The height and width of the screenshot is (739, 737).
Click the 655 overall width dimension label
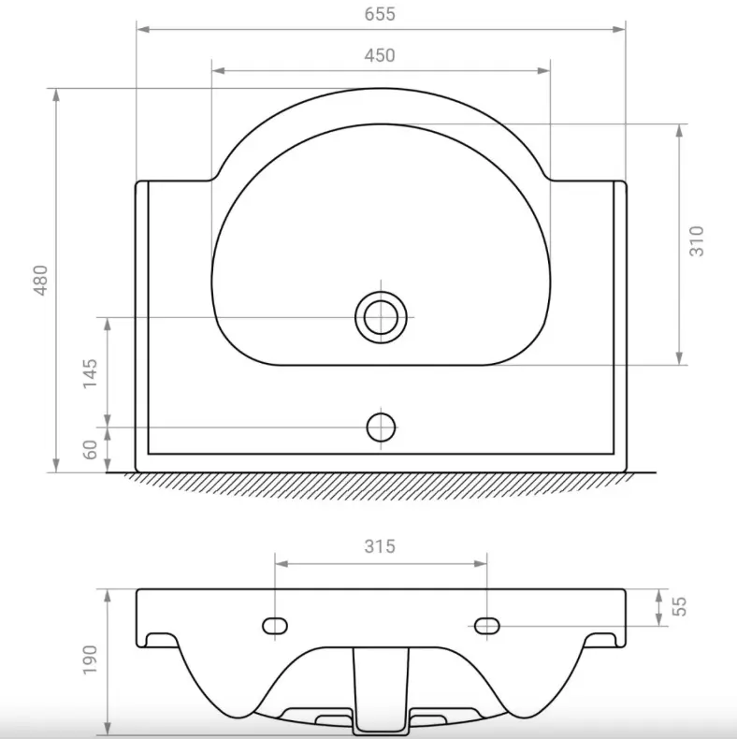coord(380,14)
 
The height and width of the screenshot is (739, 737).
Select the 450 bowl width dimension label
coord(380,55)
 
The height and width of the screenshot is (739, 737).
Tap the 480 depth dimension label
coord(41,281)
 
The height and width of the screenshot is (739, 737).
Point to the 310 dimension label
coord(697,241)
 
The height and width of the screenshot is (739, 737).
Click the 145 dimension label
coord(90,374)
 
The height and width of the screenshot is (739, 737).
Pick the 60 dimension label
coord(90,450)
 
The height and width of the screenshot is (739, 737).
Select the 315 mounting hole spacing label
coord(380,546)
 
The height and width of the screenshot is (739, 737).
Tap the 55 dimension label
coord(679,606)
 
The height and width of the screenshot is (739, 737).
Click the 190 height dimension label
coord(90,659)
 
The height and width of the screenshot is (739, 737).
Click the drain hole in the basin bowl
coord(381,317)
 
